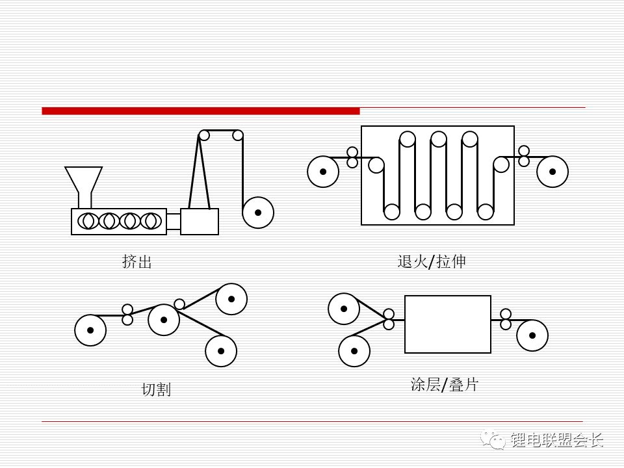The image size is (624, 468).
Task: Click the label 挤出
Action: pos(136,262)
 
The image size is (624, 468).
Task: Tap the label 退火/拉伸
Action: pos(432,262)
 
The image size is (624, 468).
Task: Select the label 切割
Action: pos(156,390)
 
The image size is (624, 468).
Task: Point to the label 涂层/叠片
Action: pos(444,385)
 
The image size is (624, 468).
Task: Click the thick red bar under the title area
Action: pos(200,111)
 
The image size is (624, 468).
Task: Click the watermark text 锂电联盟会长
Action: pos(557,441)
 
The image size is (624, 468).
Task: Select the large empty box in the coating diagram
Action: pos(447,324)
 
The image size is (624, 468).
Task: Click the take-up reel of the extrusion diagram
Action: pos(258,212)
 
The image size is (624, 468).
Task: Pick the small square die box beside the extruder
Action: pos(200,222)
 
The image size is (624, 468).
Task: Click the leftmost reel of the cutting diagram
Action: pos(90,330)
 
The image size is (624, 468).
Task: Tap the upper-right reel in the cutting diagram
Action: pos(231,299)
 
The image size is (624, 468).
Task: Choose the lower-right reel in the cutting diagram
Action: pos(221,351)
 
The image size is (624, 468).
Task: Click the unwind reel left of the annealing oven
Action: pos(323,172)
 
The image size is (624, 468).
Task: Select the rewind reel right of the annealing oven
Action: pos(552,172)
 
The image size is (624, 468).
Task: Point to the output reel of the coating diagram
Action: pos(532,335)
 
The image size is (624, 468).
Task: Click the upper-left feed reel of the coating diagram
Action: pos(344,309)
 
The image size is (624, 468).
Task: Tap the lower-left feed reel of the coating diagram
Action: pos(354,351)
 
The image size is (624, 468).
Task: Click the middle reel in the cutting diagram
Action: pos(164,319)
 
